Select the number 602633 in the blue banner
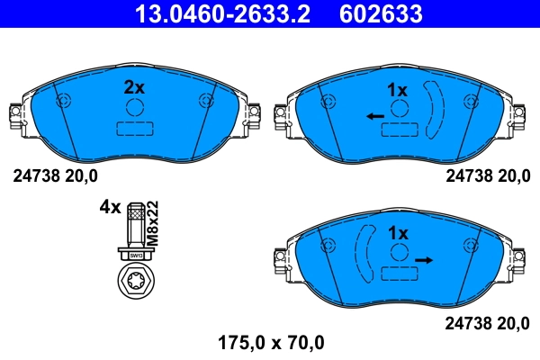382,13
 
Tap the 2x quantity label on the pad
134,87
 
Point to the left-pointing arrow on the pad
375,116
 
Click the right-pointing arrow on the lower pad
424,259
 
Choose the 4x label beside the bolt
109,207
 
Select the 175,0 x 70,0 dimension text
271,343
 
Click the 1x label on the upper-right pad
397,89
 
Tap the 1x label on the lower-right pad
397,232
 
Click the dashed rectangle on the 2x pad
135,129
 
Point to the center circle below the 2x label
135,107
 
